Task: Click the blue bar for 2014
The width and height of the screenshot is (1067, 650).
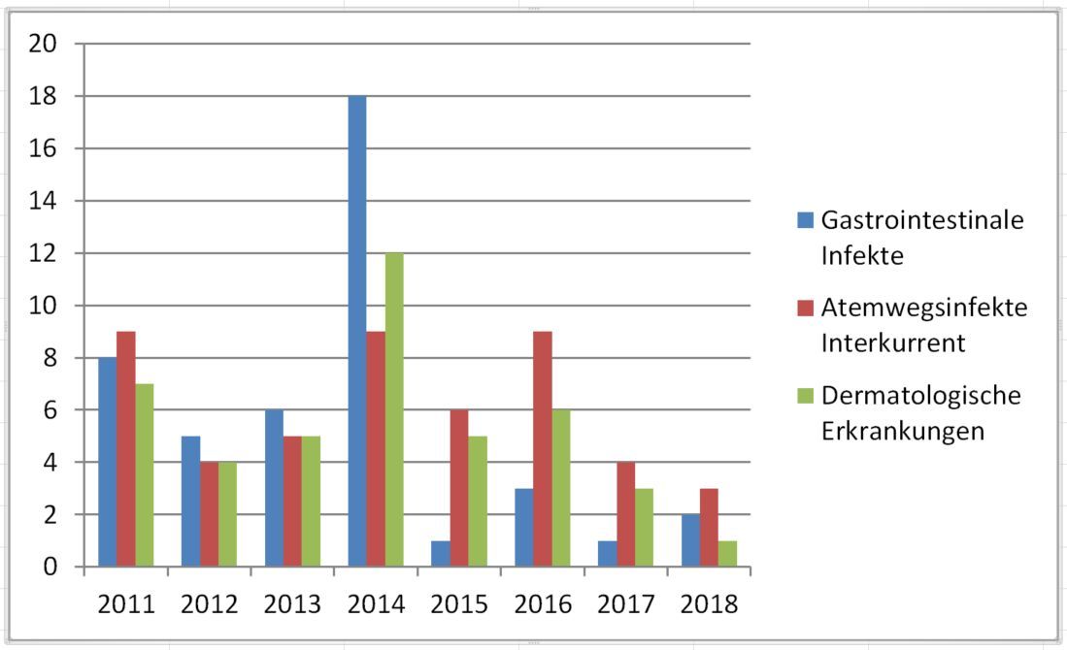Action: click(357, 331)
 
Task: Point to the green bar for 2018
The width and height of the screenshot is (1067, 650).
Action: click(728, 553)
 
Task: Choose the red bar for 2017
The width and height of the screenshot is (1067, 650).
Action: click(626, 514)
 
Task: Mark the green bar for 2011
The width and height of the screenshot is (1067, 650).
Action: click(144, 475)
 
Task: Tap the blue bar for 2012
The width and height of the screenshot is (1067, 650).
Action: click(190, 501)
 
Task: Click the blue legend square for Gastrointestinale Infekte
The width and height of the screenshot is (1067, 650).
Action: click(805, 220)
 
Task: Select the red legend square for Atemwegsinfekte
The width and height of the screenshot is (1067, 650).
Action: click(805, 309)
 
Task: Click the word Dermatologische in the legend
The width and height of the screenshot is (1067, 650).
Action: click(920, 396)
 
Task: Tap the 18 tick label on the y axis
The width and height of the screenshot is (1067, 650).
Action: click(46, 97)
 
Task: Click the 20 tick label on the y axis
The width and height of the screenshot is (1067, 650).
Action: click(46, 45)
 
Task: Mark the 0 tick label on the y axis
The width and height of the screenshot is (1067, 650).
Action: click(52, 568)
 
